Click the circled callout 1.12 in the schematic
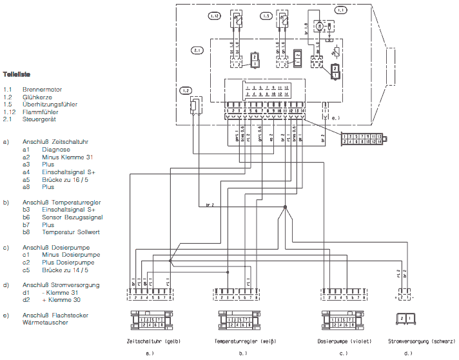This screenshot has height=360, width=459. click(x=215, y=14)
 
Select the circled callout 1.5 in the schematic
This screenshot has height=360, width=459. click(x=265, y=14)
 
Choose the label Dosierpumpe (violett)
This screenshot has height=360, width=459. click(x=344, y=339)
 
